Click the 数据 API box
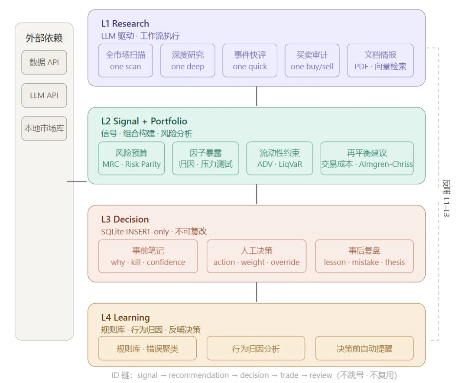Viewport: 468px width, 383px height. click(x=44, y=62)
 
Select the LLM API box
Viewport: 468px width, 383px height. click(x=44, y=95)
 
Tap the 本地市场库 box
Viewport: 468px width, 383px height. click(x=44, y=128)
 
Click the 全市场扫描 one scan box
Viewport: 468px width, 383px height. click(x=125, y=61)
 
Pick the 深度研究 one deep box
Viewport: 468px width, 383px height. click(x=188, y=61)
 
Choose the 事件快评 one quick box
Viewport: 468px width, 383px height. click(x=250, y=61)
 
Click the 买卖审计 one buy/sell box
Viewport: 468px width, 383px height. click(x=312, y=61)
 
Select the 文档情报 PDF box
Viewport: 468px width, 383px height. click(x=380, y=61)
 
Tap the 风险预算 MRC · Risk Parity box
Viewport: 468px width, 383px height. click(x=131, y=159)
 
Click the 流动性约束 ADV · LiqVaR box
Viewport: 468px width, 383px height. click(x=279, y=159)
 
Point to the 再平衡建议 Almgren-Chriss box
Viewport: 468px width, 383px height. click(x=367, y=159)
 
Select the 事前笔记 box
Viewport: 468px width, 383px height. click(x=148, y=256)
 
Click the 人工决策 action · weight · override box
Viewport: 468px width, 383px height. click(x=257, y=256)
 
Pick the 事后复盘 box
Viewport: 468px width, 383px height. click(x=364, y=256)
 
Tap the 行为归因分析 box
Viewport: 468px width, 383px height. click(x=256, y=349)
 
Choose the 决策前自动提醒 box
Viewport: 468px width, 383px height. click(x=364, y=349)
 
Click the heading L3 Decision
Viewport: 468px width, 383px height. click(x=125, y=219)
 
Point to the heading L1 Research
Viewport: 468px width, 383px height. click(x=125, y=23)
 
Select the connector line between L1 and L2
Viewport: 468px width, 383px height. click(x=257, y=97)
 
